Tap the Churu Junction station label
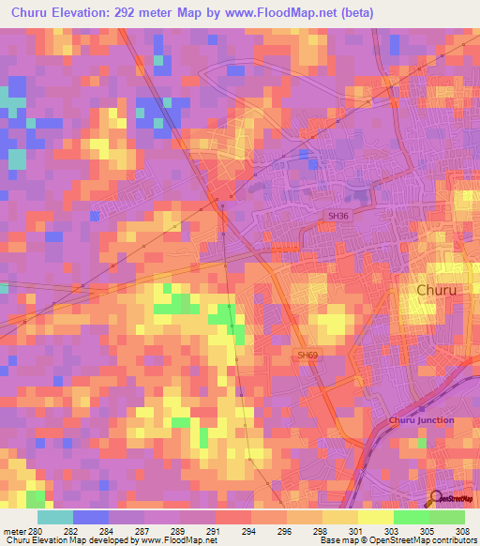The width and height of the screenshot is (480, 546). click(x=421, y=419)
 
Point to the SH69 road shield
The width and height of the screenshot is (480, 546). click(x=307, y=355)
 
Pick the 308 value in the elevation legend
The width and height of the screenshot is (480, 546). click(x=462, y=530)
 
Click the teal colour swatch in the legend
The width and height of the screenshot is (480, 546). click(x=55, y=517)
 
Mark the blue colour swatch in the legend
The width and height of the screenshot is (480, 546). click(x=91, y=517)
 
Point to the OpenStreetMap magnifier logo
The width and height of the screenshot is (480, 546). click(x=437, y=497)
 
